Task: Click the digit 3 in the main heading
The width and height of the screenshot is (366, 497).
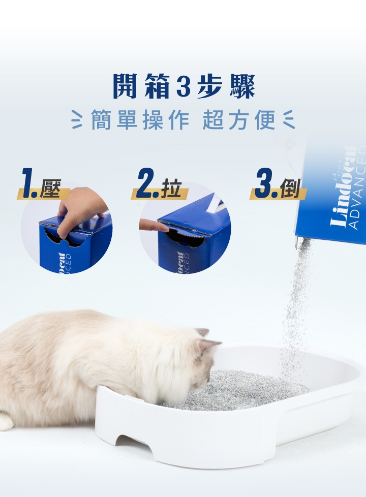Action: tap(183, 86)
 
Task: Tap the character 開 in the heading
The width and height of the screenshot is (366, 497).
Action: tap(125, 86)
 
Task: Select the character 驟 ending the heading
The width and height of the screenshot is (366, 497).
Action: tap(242, 86)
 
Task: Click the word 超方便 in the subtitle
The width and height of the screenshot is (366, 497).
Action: tap(238, 120)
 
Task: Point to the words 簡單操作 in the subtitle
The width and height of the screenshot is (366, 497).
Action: tap(140, 120)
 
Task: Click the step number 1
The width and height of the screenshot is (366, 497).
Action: tap(29, 183)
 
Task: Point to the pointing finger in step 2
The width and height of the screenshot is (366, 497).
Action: tap(154, 225)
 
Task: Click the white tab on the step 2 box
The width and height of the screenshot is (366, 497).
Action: tap(215, 203)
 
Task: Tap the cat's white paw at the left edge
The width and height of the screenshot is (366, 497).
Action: tap(6, 422)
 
